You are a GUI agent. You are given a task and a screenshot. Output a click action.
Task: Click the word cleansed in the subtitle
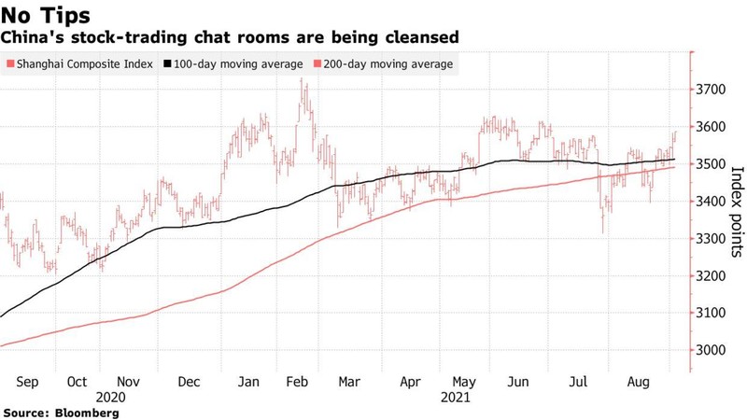click(x=424, y=38)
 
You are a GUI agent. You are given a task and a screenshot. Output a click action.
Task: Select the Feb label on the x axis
click(x=298, y=383)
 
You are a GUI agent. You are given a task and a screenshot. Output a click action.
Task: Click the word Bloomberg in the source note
click(x=87, y=412)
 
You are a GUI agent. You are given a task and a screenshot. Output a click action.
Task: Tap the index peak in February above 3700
click(x=302, y=80)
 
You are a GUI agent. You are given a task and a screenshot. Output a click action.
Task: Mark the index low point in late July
click(x=603, y=232)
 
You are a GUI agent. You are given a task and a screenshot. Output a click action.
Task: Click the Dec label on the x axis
click(x=189, y=383)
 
